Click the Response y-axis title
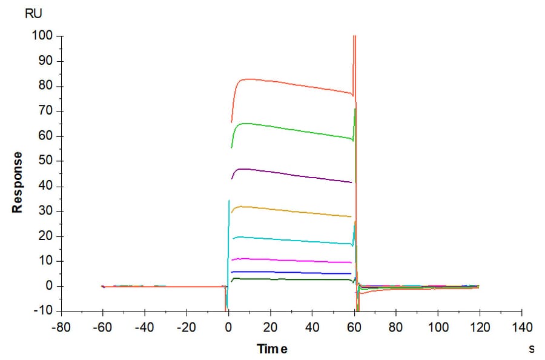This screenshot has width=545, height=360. coord(18,182)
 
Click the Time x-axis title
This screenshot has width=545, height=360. coord(272,348)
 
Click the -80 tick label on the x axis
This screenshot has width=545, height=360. coord(60,327)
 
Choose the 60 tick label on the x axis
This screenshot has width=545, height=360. coord(354,327)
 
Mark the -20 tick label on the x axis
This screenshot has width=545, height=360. coord(186,327)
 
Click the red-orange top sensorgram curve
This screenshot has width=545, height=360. coord(291,84)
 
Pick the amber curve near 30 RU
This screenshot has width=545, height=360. coord(291,210)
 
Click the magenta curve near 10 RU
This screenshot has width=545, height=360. coord(291,261)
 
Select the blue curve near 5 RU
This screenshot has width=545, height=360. coord(291,273)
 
